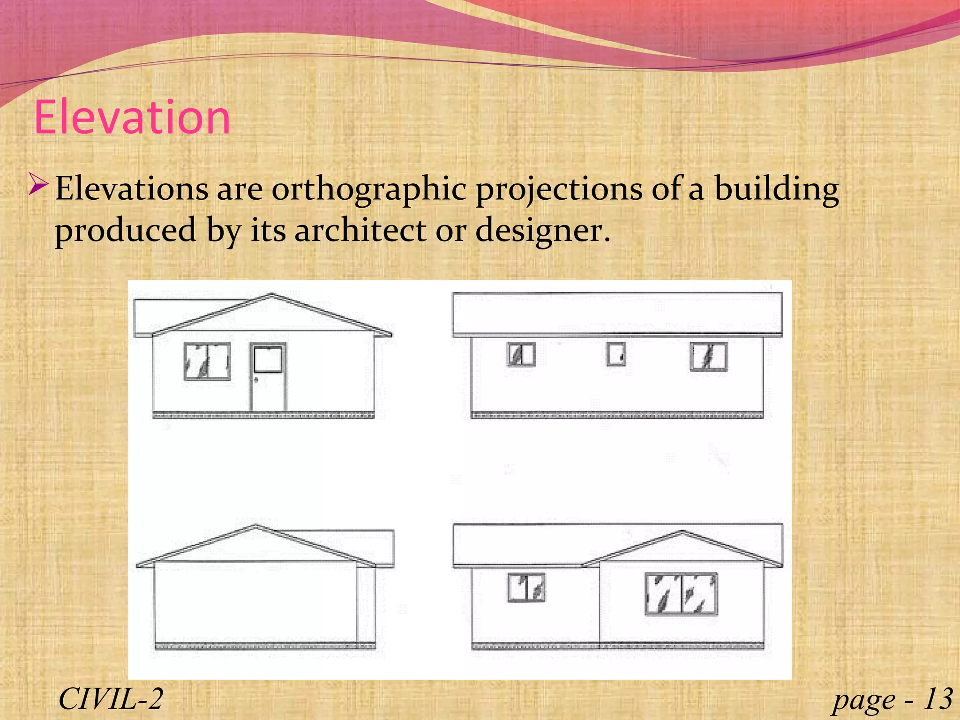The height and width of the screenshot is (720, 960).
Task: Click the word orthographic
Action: point(369,190)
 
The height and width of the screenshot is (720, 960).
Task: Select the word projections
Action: point(559,190)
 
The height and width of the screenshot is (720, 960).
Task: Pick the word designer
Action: point(543,231)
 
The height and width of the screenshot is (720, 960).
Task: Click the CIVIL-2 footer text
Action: point(111,699)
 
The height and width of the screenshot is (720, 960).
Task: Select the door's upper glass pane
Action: point(268,360)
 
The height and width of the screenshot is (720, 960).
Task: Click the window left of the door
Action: point(207,361)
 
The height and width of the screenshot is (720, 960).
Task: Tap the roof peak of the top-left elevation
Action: point(271,295)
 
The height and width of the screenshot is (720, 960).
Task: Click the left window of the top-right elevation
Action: point(521,354)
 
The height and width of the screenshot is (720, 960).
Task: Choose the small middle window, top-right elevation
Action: point(615,354)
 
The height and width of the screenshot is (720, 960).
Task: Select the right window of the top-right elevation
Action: point(708,357)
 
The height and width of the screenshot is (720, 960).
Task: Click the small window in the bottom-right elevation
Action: point(526,588)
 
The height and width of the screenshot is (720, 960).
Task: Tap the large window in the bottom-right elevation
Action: point(681,594)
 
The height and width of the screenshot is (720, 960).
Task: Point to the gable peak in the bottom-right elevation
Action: point(682,532)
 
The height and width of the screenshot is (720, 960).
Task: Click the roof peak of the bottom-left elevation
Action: point(256,526)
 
